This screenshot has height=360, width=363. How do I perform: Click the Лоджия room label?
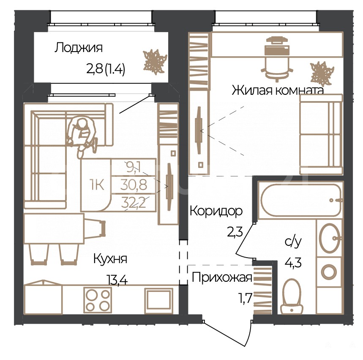click(x=79, y=48)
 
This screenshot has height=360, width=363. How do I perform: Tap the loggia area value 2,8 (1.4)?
click(x=106, y=69)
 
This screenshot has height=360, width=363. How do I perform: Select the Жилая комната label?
click(x=278, y=90)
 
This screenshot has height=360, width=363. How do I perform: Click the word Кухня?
click(x=110, y=259)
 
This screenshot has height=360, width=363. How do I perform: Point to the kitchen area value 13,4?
click(x=117, y=280)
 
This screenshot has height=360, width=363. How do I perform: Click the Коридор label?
click(x=216, y=211)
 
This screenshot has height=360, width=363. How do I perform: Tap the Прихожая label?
click(x=222, y=278)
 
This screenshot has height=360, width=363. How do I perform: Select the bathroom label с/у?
click(x=293, y=242)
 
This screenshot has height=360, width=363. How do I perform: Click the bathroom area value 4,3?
click(x=293, y=263)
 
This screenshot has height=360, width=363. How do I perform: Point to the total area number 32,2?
click(x=134, y=203)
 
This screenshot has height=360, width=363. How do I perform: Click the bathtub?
click(x=301, y=200)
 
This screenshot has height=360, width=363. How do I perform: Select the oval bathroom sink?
click(x=330, y=238)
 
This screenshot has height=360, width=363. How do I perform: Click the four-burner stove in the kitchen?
click(x=98, y=300)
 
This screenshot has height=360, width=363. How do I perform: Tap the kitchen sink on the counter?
click(x=159, y=301)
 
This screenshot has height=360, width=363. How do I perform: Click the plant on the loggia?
click(x=155, y=62)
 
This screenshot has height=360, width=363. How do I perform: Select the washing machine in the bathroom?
click(x=329, y=272)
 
